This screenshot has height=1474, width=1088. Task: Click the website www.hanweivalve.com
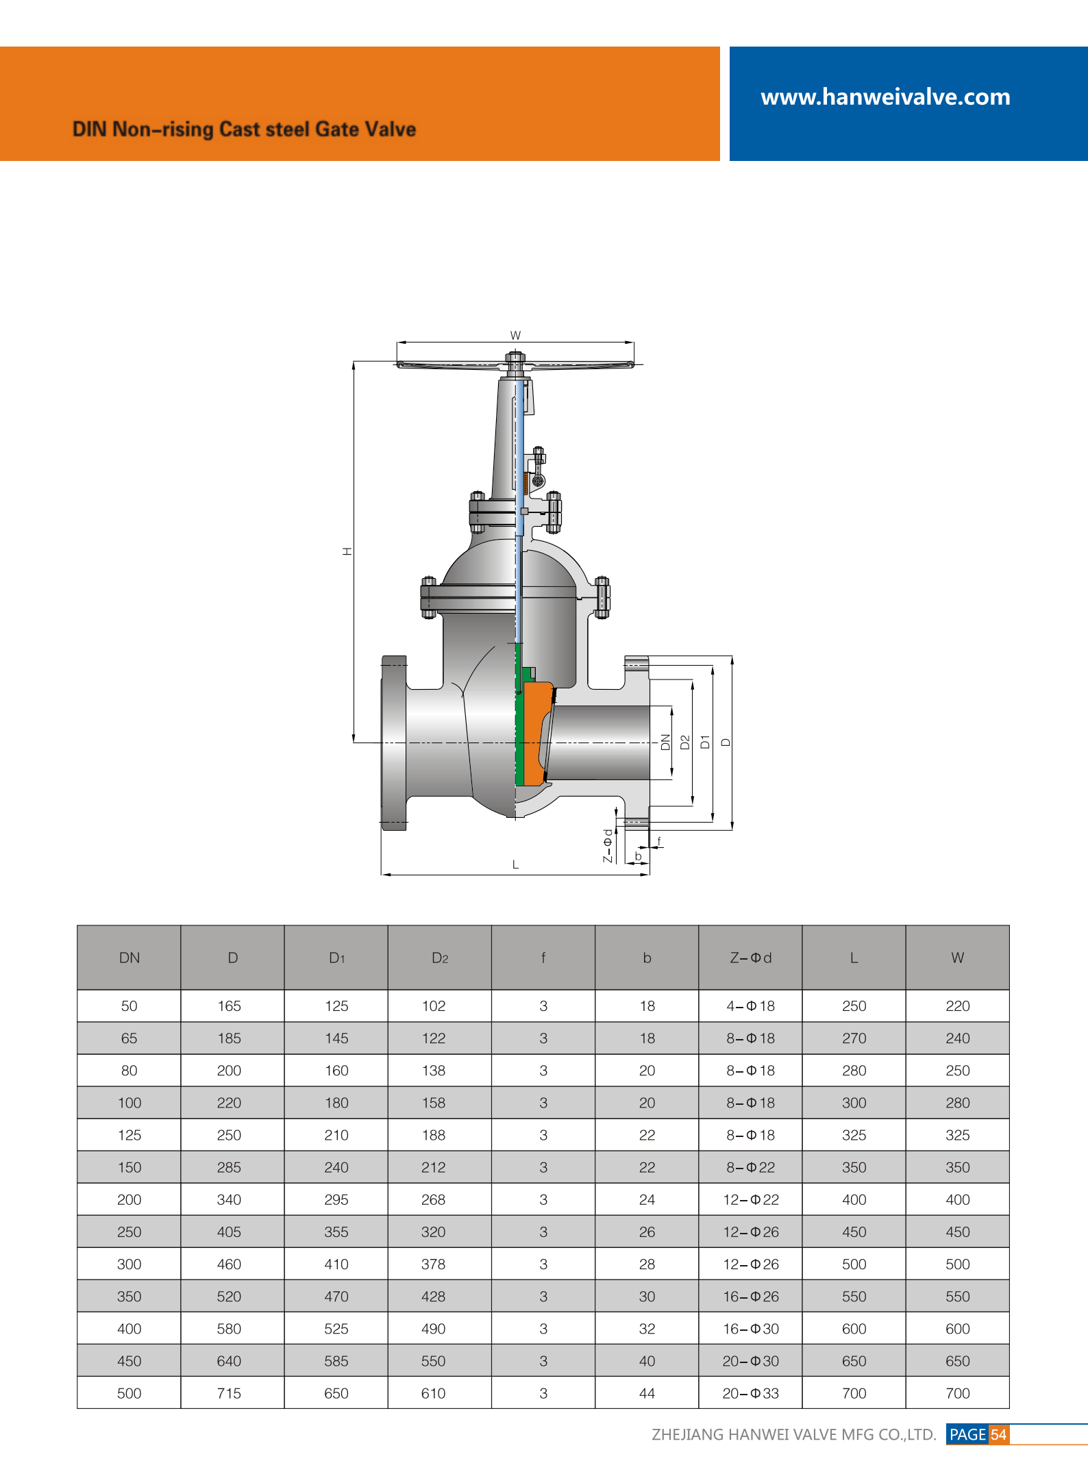pos(885,97)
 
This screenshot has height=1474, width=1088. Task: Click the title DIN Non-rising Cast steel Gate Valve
pos(244,129)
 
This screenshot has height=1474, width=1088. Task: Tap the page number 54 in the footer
pos(998,1434)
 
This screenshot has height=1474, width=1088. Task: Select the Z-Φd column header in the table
pos(750,958)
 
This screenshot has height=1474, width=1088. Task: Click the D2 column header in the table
pos(439,958)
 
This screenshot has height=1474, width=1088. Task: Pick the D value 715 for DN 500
pos(229,1393)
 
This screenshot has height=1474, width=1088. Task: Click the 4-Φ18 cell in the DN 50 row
pos(750,1006)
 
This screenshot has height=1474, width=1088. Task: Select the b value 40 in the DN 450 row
pos(647,1361)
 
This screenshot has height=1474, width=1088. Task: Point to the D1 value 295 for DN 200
pos(336,1199)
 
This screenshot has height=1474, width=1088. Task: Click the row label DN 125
pos(129,1135)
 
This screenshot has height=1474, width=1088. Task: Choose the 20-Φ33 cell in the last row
pos(750,1393)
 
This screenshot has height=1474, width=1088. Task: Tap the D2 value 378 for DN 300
pos(433,1264)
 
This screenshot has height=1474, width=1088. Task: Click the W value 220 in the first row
pos(957,1006)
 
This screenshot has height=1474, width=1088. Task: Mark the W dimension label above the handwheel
pos(515,335)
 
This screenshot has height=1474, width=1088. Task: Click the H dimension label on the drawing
pos(347,551)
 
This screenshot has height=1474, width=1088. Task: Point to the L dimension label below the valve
pos(515,864)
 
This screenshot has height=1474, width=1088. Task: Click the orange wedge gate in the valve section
pos(536,726)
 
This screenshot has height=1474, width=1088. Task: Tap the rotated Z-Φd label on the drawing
pos(607,846)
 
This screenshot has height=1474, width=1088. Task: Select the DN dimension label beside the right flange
pos(665,742)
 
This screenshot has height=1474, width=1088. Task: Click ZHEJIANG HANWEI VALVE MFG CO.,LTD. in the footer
pos(793,1434)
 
